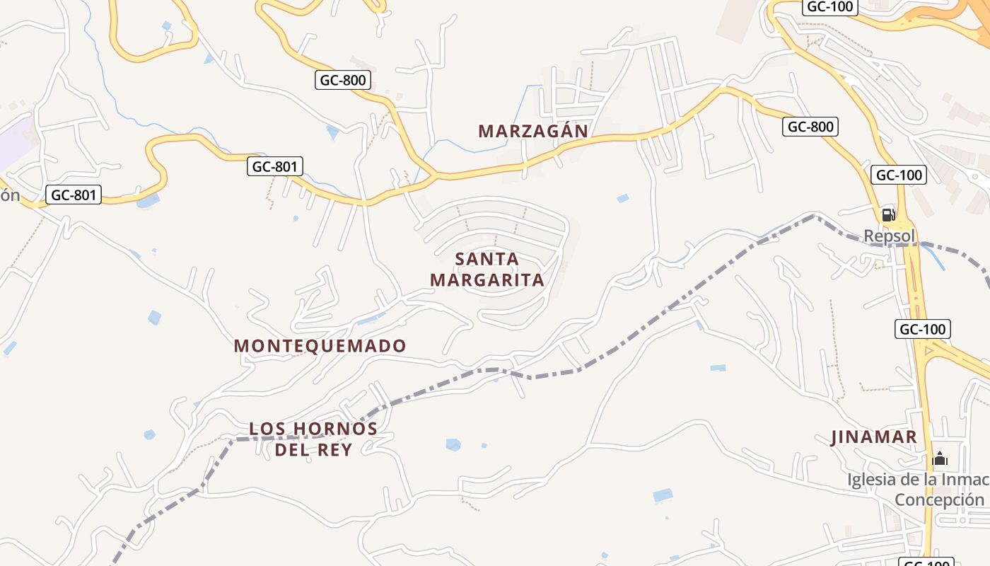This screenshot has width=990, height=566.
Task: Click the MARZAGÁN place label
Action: point(533,131)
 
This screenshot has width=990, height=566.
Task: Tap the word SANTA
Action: point(487,259)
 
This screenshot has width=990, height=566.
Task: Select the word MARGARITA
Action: point(487,279)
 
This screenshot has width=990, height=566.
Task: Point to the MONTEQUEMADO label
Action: point(320,346)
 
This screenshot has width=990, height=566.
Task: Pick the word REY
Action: point(336,449)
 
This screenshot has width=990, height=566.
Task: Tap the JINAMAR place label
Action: point(874,437)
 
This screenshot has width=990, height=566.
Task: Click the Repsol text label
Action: point(890,236)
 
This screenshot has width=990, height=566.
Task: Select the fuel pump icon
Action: point(888,214)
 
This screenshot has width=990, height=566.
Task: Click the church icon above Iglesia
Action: point(940,458)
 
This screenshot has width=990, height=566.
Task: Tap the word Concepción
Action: point(939,499)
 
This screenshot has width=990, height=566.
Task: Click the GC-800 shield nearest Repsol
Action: point(810,127)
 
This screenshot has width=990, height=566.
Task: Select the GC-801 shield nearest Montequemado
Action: point(275,167)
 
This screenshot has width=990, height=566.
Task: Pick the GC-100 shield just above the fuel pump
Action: point(899,175)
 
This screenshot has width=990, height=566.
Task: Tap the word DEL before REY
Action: point(291,449)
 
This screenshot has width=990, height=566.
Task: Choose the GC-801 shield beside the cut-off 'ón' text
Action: point(74,195)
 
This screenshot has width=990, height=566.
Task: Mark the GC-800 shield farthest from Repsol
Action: point(343,80)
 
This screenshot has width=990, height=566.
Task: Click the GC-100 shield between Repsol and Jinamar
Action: point(922,328)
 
